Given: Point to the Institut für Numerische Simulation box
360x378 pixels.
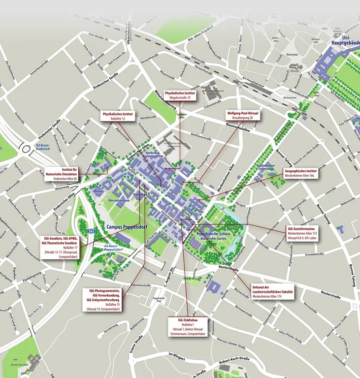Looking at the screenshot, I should (x=62, y=174).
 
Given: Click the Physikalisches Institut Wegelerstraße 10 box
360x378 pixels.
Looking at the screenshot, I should (x=180, y=95).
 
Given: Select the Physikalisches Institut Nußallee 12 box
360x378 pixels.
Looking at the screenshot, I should (x=117, y=116).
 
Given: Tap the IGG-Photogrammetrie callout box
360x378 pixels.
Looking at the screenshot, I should (x=103, y=299).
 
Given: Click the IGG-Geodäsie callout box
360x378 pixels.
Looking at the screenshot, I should (x=62, y=248).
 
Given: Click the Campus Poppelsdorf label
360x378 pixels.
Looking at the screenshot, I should (x=127, y=227).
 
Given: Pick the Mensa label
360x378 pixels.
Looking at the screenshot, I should (x=98, y=190).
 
